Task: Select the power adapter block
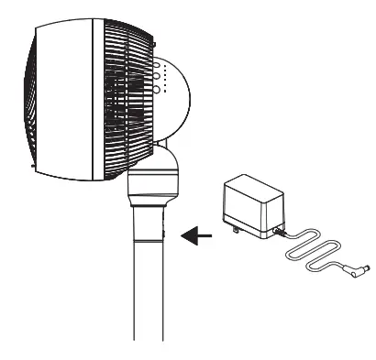coord(251,205)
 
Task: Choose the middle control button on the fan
coord(158,78)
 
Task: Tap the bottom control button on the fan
coord(158,90)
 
